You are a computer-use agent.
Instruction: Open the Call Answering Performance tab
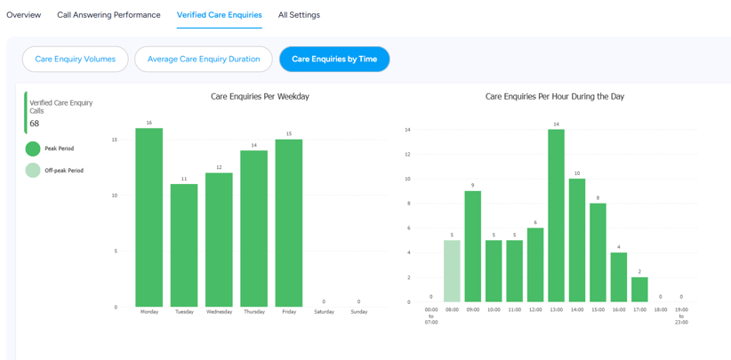coord(108,15)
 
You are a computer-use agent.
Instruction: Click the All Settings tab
coord(299,15)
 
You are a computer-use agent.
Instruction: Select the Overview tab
coord(24,15)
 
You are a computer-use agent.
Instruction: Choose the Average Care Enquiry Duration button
coord(204,60)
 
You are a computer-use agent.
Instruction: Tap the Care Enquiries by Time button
coord(334,60)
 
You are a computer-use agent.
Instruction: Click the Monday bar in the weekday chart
coord(149,218)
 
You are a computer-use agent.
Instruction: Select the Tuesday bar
coord(184,245)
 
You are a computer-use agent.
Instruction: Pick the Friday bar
coord(289,223)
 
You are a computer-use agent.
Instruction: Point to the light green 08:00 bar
coord(452,271)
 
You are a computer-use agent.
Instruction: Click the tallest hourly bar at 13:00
coord(556,216)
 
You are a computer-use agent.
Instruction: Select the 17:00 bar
coord(639,290)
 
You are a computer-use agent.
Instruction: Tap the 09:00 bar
coord(473,246)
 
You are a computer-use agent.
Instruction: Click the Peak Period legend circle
coord(33,149)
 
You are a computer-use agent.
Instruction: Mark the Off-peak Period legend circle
coord(33,171)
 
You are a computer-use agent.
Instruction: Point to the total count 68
coord(35,124)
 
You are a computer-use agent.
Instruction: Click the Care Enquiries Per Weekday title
coord(261,96)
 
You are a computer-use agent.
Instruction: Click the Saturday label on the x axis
coord(324,312)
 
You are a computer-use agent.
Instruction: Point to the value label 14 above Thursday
coord(254,145)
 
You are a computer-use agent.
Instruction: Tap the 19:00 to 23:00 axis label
coord(681,316)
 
